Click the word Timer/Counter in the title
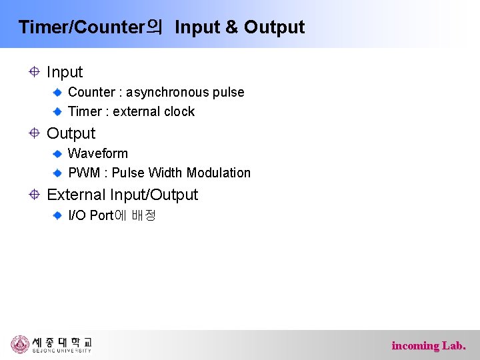[81, 27]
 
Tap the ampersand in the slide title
[231, 27]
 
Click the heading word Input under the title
[65, 72]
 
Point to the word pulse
[229, 92]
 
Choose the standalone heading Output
[71, 133]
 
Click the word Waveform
[98, 153]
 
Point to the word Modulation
[219, 173]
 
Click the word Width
[166, 173]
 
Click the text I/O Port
[91, 215]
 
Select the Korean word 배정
[143, 215]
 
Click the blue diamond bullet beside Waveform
[58, 153]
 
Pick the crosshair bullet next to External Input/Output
[35, 195]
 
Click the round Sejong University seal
[20, 344]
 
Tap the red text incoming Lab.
[429, 345]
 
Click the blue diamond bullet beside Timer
[58, 111]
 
